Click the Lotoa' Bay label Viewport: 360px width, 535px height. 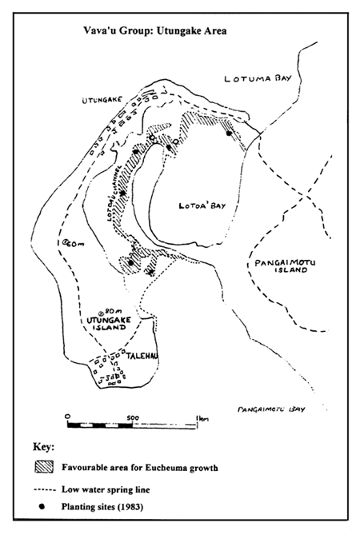coord(201,206)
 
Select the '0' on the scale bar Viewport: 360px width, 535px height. coord(69,416)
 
